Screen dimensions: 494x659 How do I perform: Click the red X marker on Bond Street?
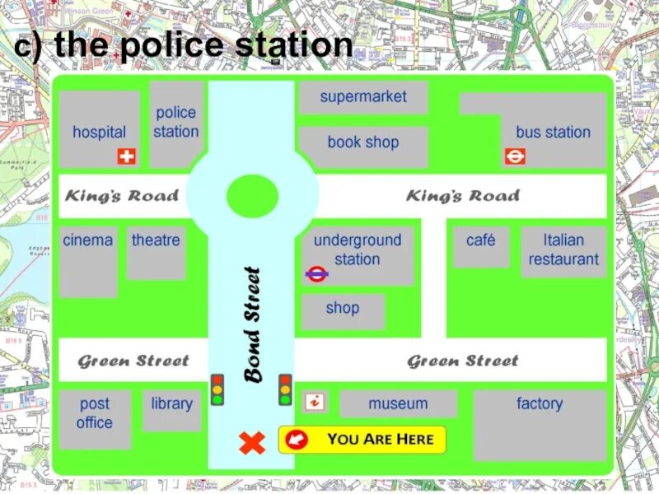click(252, 443)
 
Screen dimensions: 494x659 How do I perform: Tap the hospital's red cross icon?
click(127, 156)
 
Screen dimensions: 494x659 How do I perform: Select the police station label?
click(176, 122)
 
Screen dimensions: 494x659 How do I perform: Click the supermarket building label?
click(363, 96)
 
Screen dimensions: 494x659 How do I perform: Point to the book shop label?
click(362, 142)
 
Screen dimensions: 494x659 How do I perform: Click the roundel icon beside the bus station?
click(515, 156)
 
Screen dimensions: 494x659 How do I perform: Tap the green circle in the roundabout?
click(252, 195)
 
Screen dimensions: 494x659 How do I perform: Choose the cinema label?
click(88, 240)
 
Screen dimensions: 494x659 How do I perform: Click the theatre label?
click(156, 240)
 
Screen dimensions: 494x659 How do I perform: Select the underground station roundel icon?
click(317, 274)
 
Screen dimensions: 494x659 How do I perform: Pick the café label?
click(481, 240)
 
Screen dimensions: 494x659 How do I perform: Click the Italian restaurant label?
click(563, 249)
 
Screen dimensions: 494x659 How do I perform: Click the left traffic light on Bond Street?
click(217, 389)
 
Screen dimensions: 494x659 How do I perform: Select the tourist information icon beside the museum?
click(315, 403)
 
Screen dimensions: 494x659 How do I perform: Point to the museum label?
click(398, 403)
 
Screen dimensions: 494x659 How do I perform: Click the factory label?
click(540, 403)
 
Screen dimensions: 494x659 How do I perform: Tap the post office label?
click(95, 413)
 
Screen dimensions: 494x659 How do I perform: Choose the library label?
click(171, 403)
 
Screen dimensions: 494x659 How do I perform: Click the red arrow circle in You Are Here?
click(297, 440)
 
